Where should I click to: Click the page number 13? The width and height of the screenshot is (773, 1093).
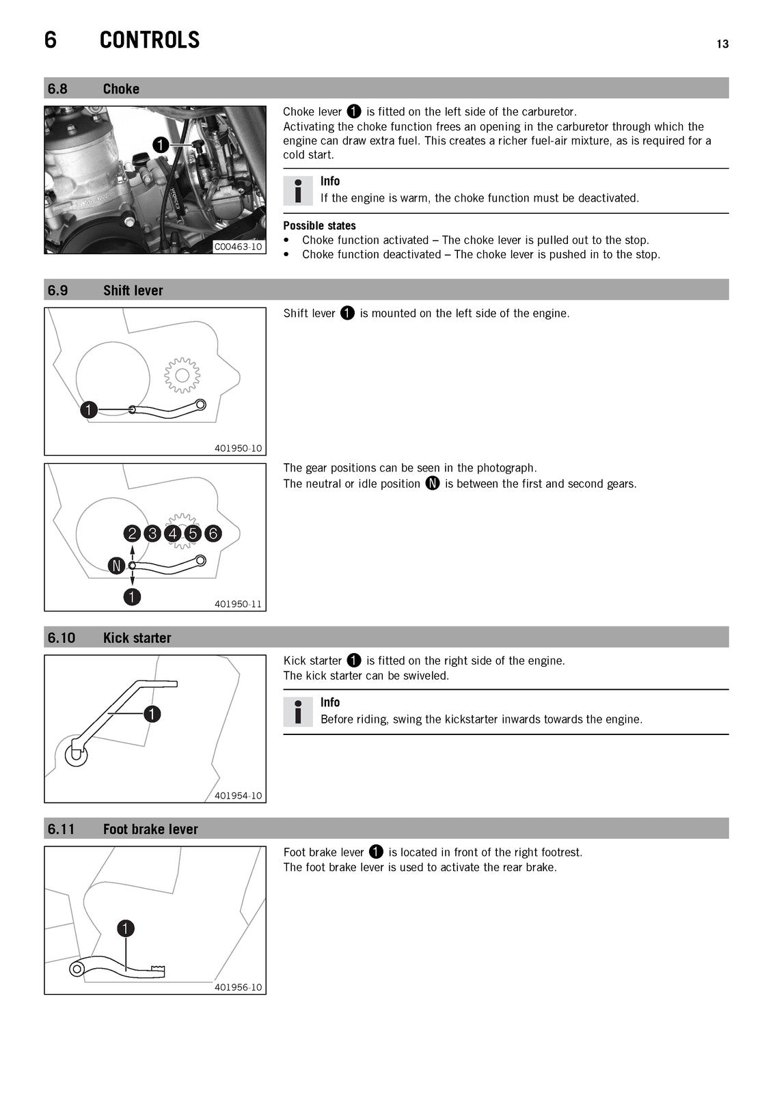tap(722, 44)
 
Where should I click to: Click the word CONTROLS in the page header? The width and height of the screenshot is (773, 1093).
tap(150, 40)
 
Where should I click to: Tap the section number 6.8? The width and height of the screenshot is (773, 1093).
tap(57, 89)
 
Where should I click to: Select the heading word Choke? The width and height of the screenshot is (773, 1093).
tap(121, 89)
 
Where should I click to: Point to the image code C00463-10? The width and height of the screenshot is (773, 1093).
tap(239, 247)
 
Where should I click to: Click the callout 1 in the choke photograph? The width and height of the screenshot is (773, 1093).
tap(161, 145)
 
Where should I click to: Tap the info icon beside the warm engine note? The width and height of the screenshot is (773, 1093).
tap(298, 191)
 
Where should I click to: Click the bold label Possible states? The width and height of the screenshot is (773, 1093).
tap(319, 225)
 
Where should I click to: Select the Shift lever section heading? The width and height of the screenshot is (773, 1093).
tap(133, 290)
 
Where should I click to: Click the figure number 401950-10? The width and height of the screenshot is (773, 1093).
tap(239, 448)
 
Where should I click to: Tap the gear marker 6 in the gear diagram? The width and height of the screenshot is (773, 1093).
tap(213, 534)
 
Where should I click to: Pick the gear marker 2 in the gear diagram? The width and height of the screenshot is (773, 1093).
tap(132, 534)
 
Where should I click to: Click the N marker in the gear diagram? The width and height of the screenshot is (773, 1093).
tap(116, 566)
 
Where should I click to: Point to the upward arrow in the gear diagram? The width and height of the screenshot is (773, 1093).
tap(132, 553)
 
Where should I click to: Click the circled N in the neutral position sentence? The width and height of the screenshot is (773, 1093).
tap(433, 483)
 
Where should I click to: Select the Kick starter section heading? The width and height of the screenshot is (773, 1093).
tap(137, 638)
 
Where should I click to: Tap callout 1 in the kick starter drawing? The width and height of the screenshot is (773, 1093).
tap(152, 715)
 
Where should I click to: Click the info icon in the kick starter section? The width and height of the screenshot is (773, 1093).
tap(298, 712)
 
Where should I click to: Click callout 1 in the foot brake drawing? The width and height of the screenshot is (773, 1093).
tap(126, 928)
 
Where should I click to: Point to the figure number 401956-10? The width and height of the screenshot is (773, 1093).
tap(239, 987)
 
